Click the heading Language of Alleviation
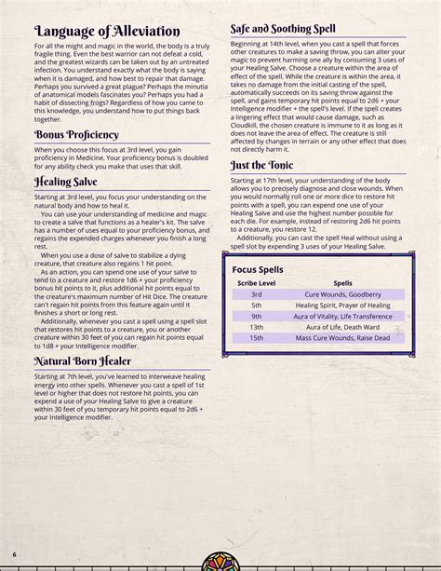[x=107, y=33]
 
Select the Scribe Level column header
[x=257, y=283]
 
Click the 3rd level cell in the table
[x=257, y=294]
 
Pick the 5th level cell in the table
[x=257, y=306]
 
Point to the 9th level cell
[x=257, y=317]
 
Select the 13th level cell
[x=257, y=328]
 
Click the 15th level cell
[x=257, y=339]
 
